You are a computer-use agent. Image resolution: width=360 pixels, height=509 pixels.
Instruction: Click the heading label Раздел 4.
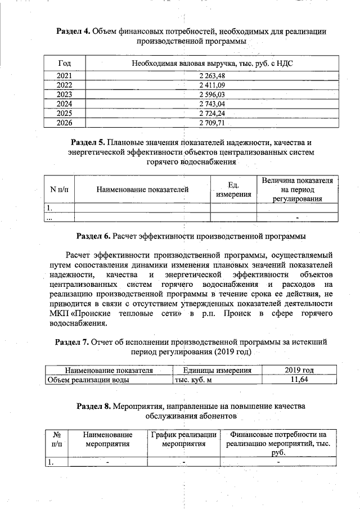tap(73, 31)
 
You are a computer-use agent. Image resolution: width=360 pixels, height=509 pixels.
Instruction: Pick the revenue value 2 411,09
tap(211, 85)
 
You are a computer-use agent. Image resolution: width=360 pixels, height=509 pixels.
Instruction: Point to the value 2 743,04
tap(211, 103)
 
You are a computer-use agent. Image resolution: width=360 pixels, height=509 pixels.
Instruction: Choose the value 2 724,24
tap(211, 112)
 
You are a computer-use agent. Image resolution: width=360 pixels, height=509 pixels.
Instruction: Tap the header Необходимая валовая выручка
tap(213, 63)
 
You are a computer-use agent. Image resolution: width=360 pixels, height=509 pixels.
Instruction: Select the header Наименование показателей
tap(142, 190)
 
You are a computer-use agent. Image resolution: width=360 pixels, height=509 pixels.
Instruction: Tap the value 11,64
tap(299, 380)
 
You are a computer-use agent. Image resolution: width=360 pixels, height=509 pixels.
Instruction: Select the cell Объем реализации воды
tap(88, 380)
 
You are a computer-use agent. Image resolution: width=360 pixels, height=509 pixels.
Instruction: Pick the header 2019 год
tap(299, 370)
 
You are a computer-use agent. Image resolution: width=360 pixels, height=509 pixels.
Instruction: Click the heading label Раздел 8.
tap(93, 406)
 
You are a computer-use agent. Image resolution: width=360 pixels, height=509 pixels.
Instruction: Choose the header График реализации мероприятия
tap(184, 439)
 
